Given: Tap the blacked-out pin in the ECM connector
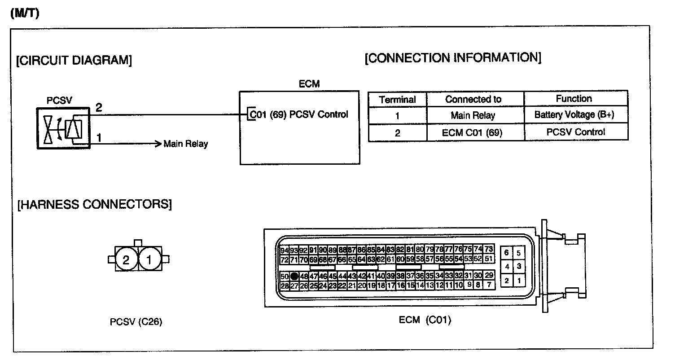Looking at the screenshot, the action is coord(294,276).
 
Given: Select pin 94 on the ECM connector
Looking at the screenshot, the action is coord(284,250).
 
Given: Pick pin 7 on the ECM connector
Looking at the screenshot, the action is coord(489,285).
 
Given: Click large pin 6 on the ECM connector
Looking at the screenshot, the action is coord(506,253).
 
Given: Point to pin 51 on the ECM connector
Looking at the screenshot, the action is coord(489,259).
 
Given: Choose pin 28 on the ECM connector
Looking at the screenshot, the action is coord(284,285).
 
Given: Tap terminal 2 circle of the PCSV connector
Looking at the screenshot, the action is coord(126,259).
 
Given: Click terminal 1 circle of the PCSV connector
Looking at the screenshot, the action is coord(149,259).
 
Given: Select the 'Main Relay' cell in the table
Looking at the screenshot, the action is coord(473,115).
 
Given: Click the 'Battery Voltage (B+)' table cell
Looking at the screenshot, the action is coord(574,114).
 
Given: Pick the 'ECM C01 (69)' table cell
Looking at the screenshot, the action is coord(473,133).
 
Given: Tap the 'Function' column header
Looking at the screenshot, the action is coord(574,98).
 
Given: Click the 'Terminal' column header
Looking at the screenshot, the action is coord(397,99).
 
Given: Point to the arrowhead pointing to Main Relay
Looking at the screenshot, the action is coord(157,144).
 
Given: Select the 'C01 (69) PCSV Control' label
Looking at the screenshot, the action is coord(298,114).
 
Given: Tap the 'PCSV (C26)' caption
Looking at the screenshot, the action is coord(136,322).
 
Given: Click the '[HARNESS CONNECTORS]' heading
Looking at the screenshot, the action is coord(94,205).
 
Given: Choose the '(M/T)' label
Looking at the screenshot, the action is coord(24,14).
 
